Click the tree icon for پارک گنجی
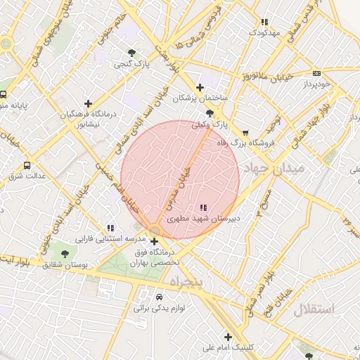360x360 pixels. [x=132, y=53]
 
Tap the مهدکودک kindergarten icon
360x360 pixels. [x=264, y=22]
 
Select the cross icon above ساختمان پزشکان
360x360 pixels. [x=200, y=87]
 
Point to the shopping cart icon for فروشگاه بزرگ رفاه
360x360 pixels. [x=245, y=132]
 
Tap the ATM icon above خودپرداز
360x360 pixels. [x=316, y=73]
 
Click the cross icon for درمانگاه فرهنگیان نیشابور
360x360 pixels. [x=88, y=103]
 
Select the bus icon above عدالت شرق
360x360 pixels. [x=27, y=165]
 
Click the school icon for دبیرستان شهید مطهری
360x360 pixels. [x=203, y=207]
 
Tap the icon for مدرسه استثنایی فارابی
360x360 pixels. [x=110, y=228]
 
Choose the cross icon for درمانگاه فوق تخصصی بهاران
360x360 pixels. [x=154, y=241]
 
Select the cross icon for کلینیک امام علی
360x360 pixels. [x=228, y=337]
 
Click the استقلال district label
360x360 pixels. [x=314, y=309]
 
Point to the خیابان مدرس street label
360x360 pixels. [x=179, y=189]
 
